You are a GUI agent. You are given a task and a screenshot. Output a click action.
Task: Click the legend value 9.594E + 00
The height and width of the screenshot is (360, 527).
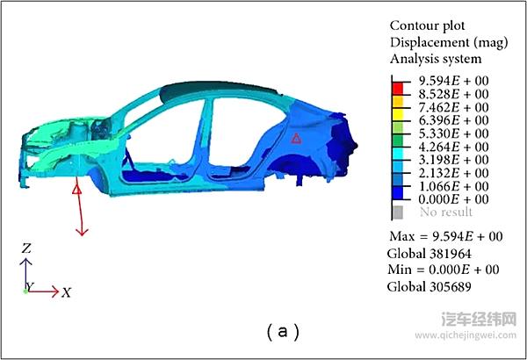pos(453,81)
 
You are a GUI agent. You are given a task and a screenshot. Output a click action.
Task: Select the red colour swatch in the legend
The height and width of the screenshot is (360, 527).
pos(398,89)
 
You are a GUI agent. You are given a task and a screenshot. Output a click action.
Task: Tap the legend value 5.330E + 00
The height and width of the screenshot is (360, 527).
pos(453,133)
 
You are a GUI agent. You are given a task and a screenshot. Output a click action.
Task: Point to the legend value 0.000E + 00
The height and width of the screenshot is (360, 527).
pos(453,199)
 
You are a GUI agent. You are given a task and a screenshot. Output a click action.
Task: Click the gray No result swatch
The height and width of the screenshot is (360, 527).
pos(398,212)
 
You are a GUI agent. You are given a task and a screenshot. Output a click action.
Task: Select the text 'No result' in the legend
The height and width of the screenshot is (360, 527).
pos(446,212)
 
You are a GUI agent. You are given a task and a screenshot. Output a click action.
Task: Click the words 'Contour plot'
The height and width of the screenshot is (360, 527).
pos(428,25)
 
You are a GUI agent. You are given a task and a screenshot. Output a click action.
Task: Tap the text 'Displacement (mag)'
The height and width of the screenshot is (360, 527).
pos(449,43)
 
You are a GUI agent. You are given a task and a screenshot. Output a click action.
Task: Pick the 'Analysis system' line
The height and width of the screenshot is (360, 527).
pos(436,59)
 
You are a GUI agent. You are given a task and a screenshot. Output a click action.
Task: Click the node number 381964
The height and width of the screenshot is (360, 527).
pos(451,254)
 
